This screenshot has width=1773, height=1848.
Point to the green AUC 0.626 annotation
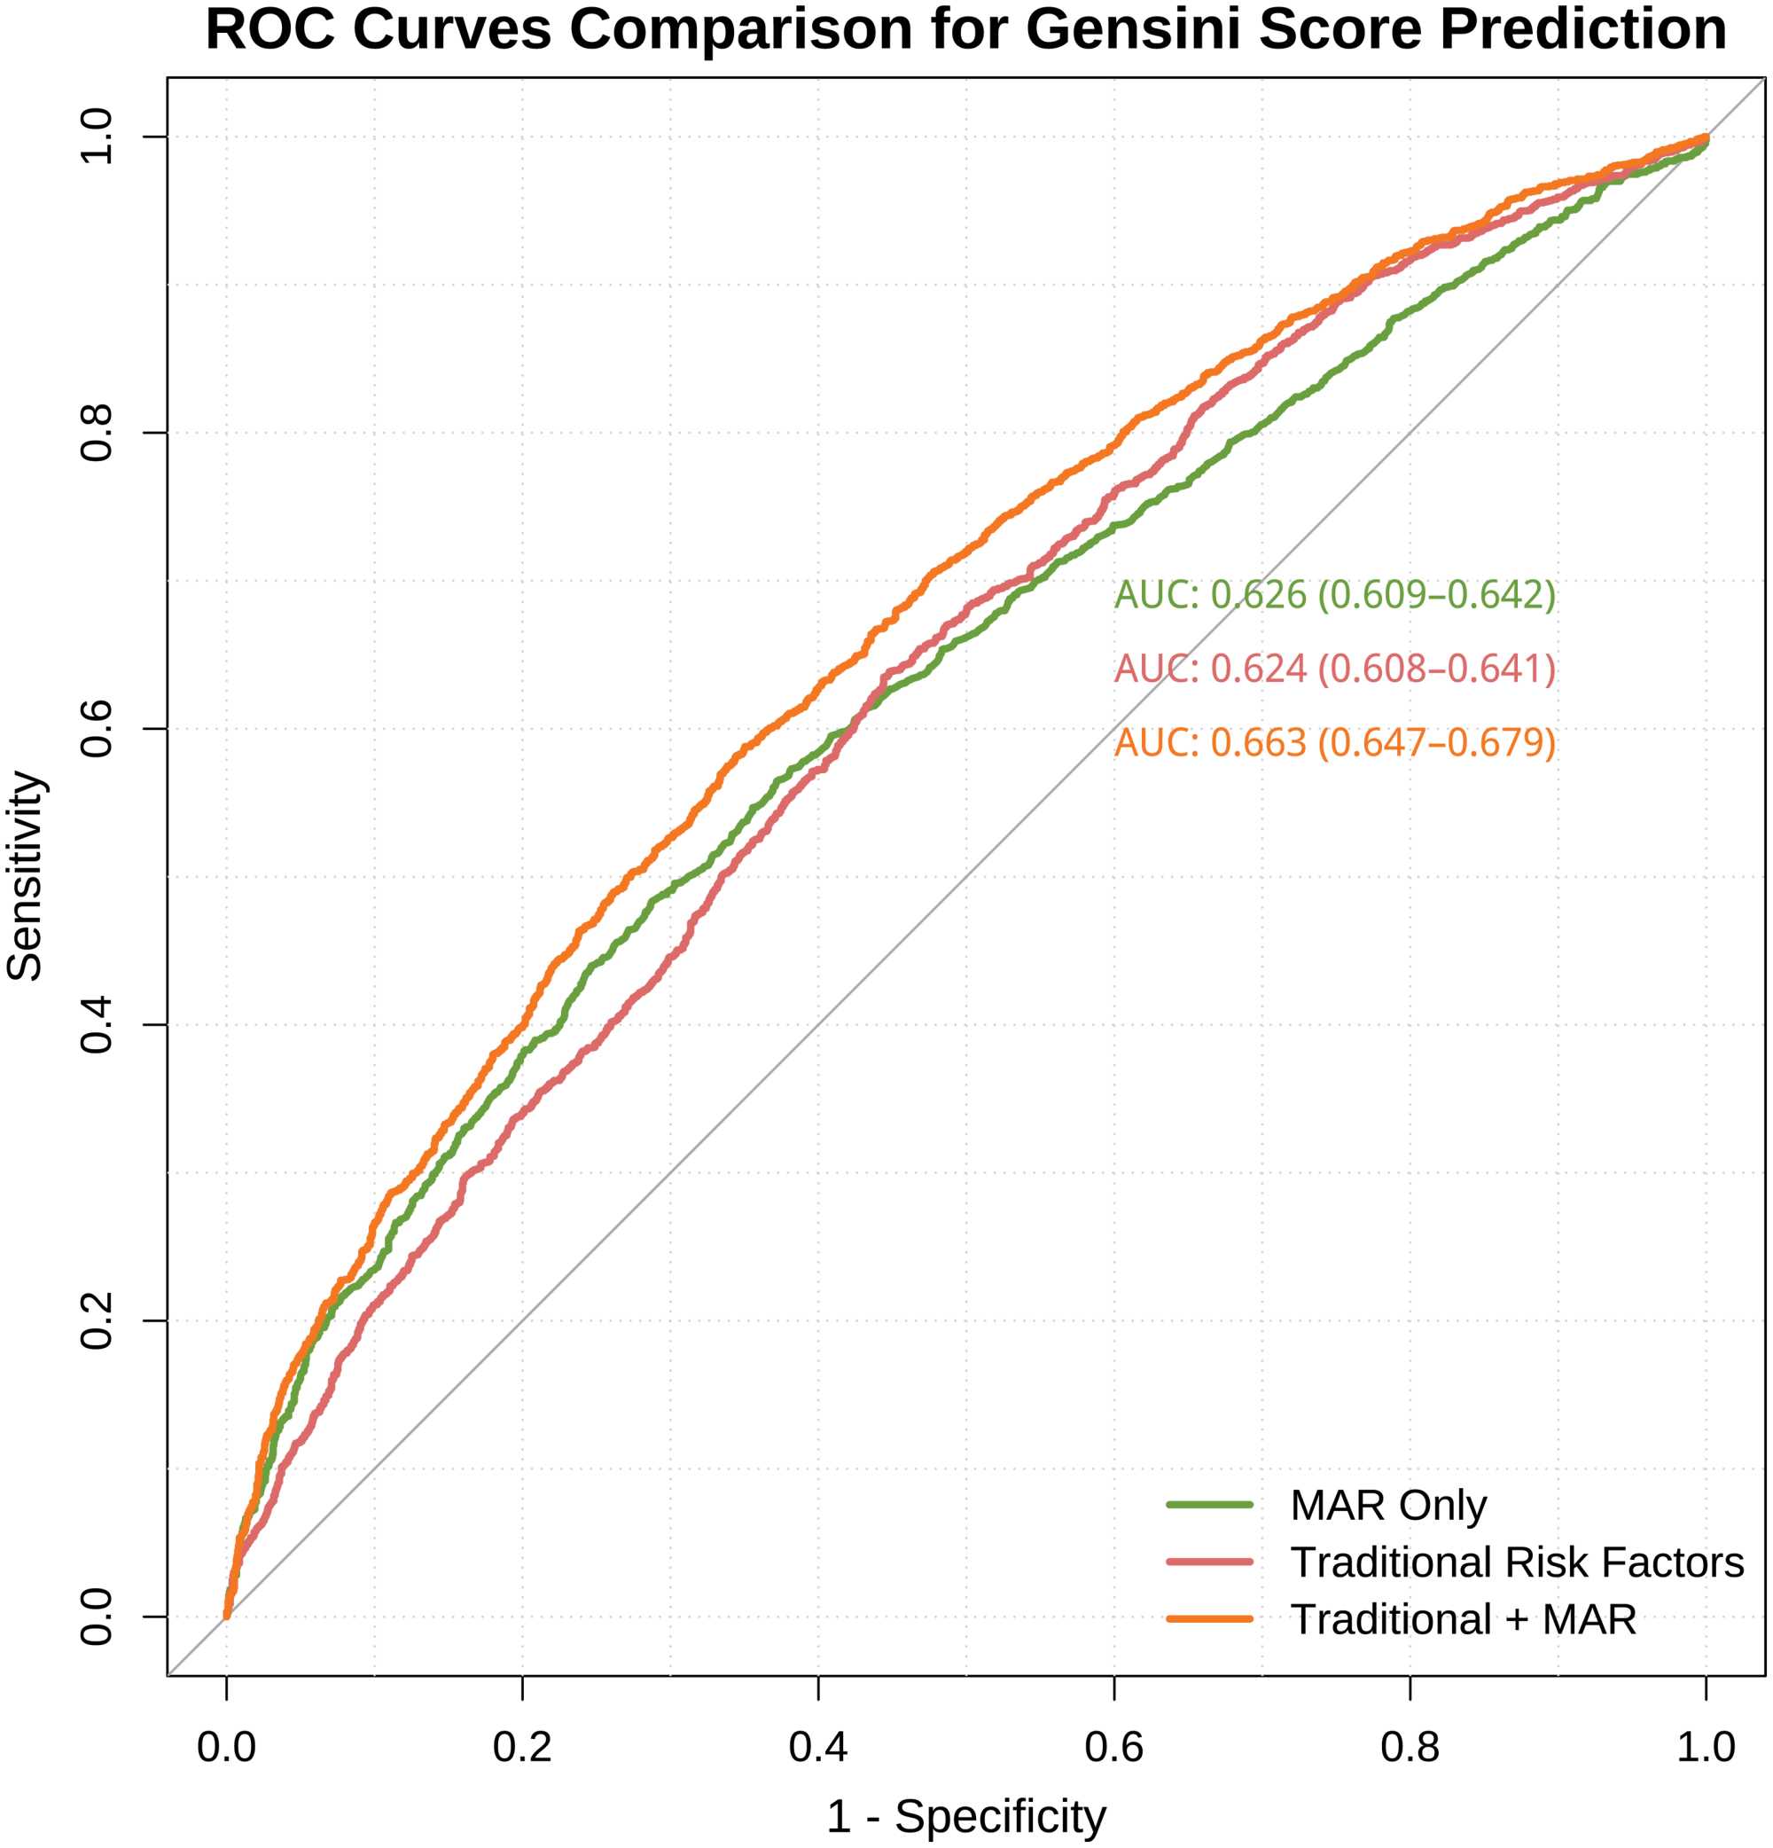1335,595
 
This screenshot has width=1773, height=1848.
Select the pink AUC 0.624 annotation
1335,670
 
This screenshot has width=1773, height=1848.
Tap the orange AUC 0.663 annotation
1335,743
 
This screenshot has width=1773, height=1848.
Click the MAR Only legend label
1388,1506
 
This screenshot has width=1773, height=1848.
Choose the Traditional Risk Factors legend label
1517,1562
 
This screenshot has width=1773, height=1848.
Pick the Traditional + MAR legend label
1463,1620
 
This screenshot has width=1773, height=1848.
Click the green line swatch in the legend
1209,1505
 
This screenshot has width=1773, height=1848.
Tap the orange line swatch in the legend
1209,1619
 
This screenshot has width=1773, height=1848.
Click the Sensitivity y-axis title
26,877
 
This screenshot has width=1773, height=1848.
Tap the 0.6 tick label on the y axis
98,729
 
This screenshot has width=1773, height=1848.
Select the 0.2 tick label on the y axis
98,1320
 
